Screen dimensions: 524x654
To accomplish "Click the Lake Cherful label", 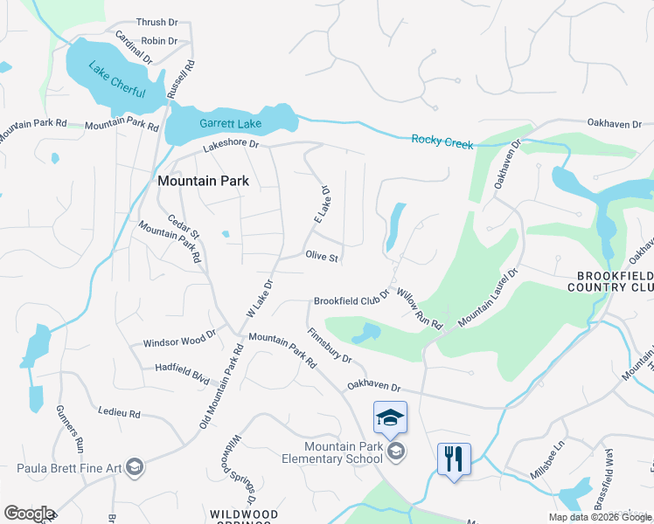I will pyautogui.click(x=115, y=79).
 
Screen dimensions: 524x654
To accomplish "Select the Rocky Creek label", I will pyautogui.click(x=442, y=140).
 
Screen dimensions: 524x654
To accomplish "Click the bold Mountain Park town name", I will pyautogui.click(x=203, y=182).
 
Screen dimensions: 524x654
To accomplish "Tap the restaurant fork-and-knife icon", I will pyautogui.click(x=454, y=458).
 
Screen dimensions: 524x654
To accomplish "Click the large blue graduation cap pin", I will pyautogui.click(x=390, y=417).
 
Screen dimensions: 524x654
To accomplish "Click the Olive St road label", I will pyautogui.click(x=322, y=256).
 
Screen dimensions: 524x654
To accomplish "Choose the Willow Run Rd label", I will pyautogui.click(x=421, y=307).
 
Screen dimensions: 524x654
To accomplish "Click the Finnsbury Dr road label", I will pyautogui.click(x=330, y=346).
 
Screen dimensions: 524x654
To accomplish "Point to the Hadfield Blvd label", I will pyautogui.click(x=183, y=374).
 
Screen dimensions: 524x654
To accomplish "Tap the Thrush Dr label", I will pyautogui.click(x=157, y=23).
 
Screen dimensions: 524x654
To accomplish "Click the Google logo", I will pyautogui.click(x=29, y=514).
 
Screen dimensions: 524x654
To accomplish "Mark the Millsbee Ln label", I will pyautogui.click(x=549, y=465).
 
